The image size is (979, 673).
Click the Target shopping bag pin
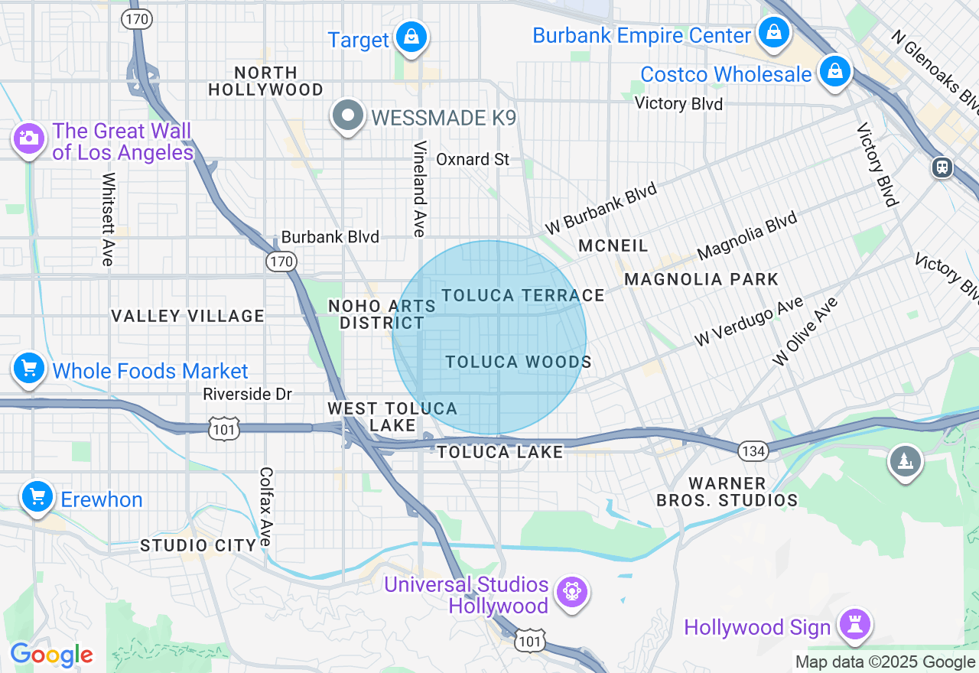coord(411,37)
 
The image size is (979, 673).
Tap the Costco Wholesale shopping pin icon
coord(835,72)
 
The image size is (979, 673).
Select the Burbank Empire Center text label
coord(642,36)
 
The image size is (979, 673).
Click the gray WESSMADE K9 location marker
coord(349,116)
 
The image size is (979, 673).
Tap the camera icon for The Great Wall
coord(29,138)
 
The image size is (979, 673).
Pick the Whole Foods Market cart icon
coord(29,369)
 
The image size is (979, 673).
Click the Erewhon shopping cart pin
coord(37,498)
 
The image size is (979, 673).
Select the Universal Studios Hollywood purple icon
coord(572,592)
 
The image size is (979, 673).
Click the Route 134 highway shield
coord(753,451)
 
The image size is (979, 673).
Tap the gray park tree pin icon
coord(906,461)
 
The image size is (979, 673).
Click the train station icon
coord(942,167)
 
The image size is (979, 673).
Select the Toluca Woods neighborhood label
coord(519,362)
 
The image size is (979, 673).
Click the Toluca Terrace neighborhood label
coord(523,295)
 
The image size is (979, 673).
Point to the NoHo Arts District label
coord(382,314)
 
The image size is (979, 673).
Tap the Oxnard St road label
coord(473,159)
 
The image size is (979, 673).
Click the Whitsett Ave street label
coord(108,219)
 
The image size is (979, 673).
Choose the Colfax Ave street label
coord(266,506)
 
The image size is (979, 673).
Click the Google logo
coord(51,655)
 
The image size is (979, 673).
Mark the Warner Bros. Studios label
coord(727,492)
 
